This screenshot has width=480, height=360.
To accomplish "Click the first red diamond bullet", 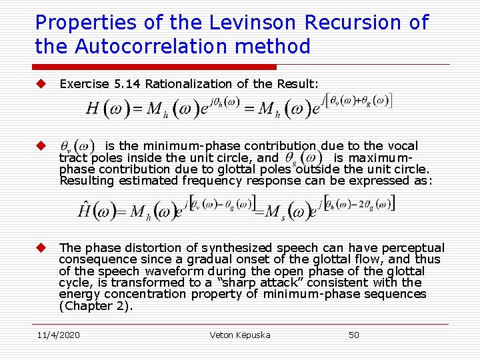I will (x=41, y=83).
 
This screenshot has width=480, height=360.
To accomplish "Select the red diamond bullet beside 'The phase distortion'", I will (x=41, y=247).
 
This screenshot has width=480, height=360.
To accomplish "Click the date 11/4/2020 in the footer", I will (x=58, y=335).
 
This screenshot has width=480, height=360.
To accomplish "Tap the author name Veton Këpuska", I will (x=240, y=335).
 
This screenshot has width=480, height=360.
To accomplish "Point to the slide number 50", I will (x=354, y=335).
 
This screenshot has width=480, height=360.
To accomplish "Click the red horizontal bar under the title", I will (x=155, y=67).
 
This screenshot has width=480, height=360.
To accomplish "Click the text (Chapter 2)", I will (x=96, y=306).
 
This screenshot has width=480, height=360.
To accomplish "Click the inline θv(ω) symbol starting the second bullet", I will (x=75, y=147).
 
